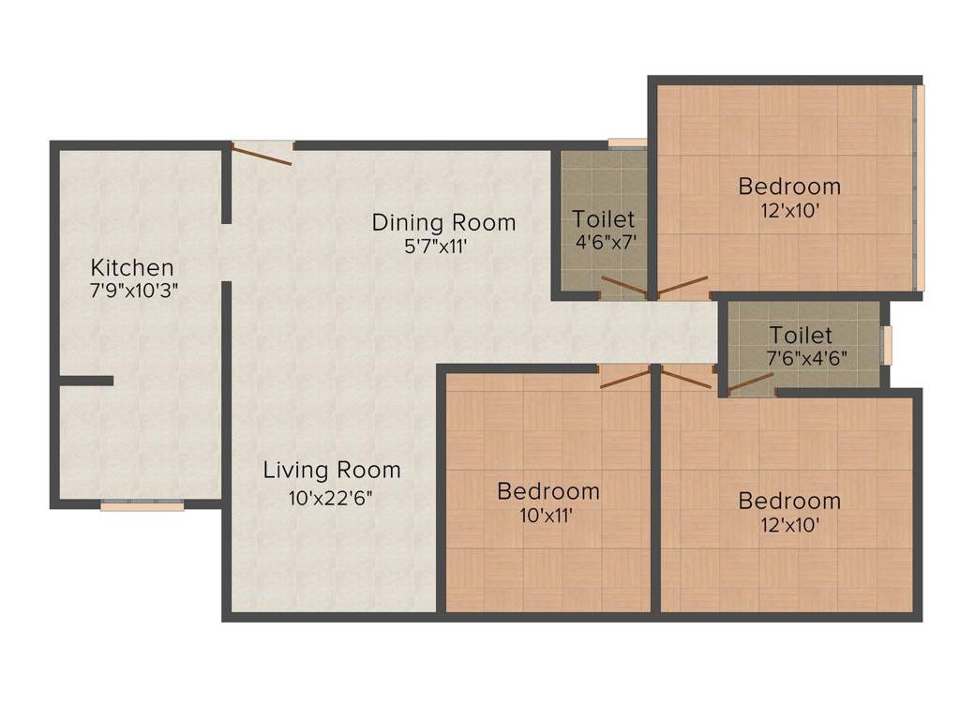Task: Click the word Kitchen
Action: (x=132, y=267)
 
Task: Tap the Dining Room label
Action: (x=443, y=223)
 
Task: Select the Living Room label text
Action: (x=331, y=470)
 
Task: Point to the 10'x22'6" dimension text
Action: (x=331, y=497)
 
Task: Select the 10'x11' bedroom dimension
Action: (x=548, y=515)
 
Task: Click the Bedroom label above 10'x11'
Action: (x=548, y=491)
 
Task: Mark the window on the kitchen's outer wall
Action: (x=142, y=505)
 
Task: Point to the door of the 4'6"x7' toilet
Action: (x=622, y=288)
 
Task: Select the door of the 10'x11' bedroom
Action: (x=624, y=376)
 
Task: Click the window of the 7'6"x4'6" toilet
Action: (x=886, y=344)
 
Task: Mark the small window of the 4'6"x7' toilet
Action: (x=627, y=143)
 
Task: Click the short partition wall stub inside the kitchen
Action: (x=86, y=381)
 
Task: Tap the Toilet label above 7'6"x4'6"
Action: (x=801, y=335)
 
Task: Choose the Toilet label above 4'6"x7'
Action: (x=604, y=219)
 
